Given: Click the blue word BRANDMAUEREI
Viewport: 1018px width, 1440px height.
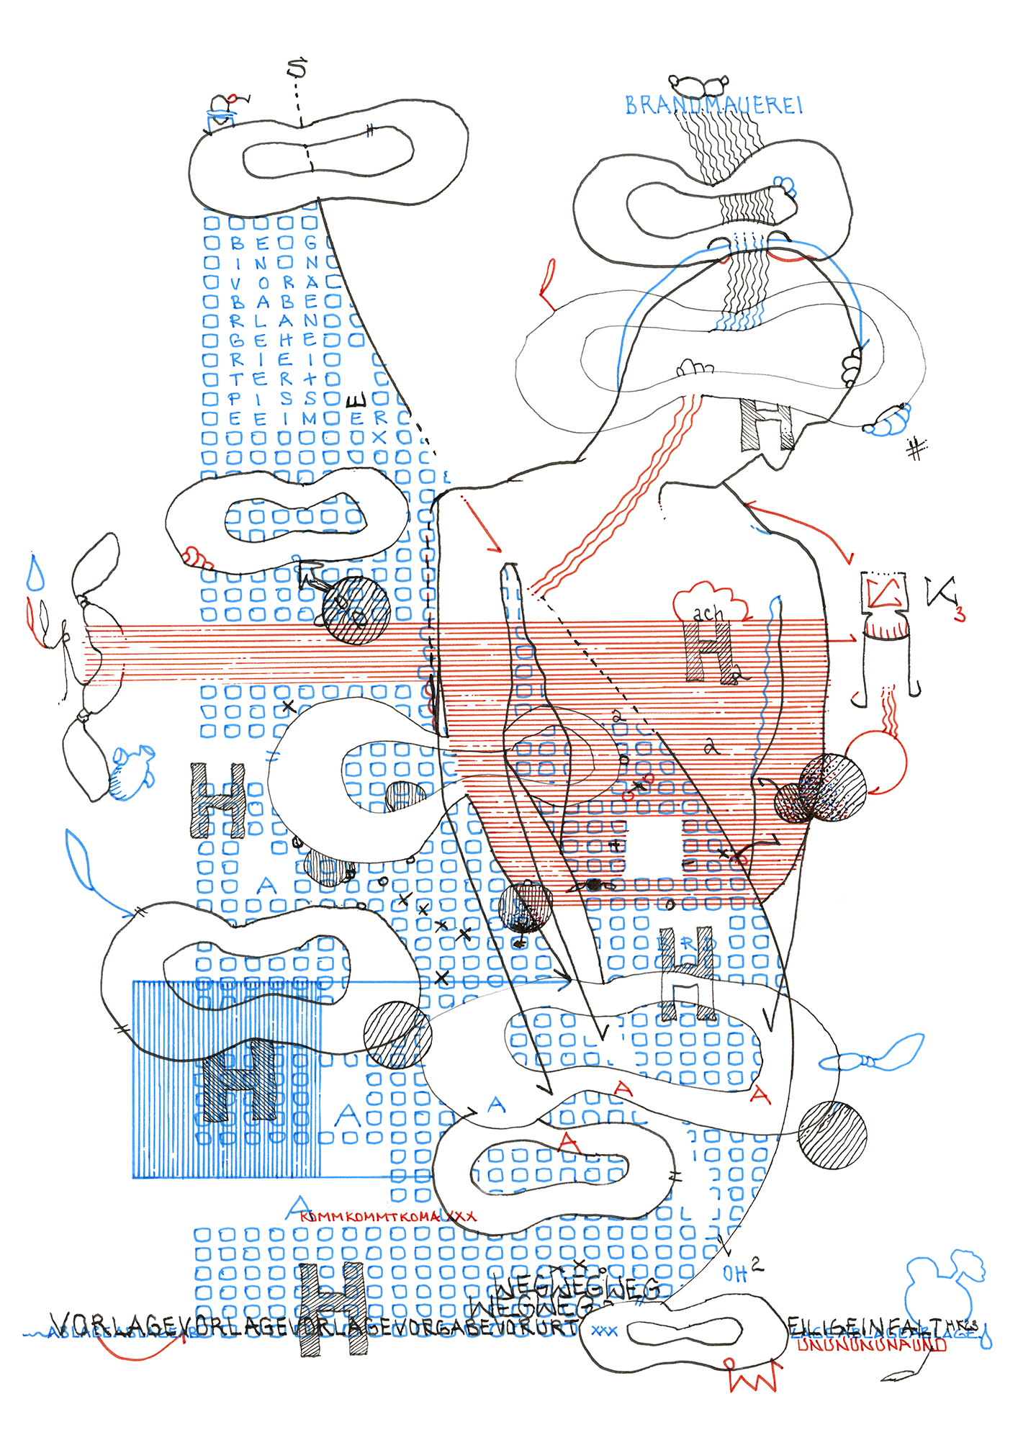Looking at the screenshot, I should coord(713,106).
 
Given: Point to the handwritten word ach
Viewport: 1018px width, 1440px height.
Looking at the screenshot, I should coord(708,613).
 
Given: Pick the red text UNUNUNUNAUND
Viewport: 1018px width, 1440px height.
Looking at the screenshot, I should coord(871,1344).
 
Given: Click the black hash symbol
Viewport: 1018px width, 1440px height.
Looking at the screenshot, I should coord(916,449).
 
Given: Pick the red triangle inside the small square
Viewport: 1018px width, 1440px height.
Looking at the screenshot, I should coord(883,593).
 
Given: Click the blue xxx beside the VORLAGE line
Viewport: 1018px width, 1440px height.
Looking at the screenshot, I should coord(604,1331).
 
